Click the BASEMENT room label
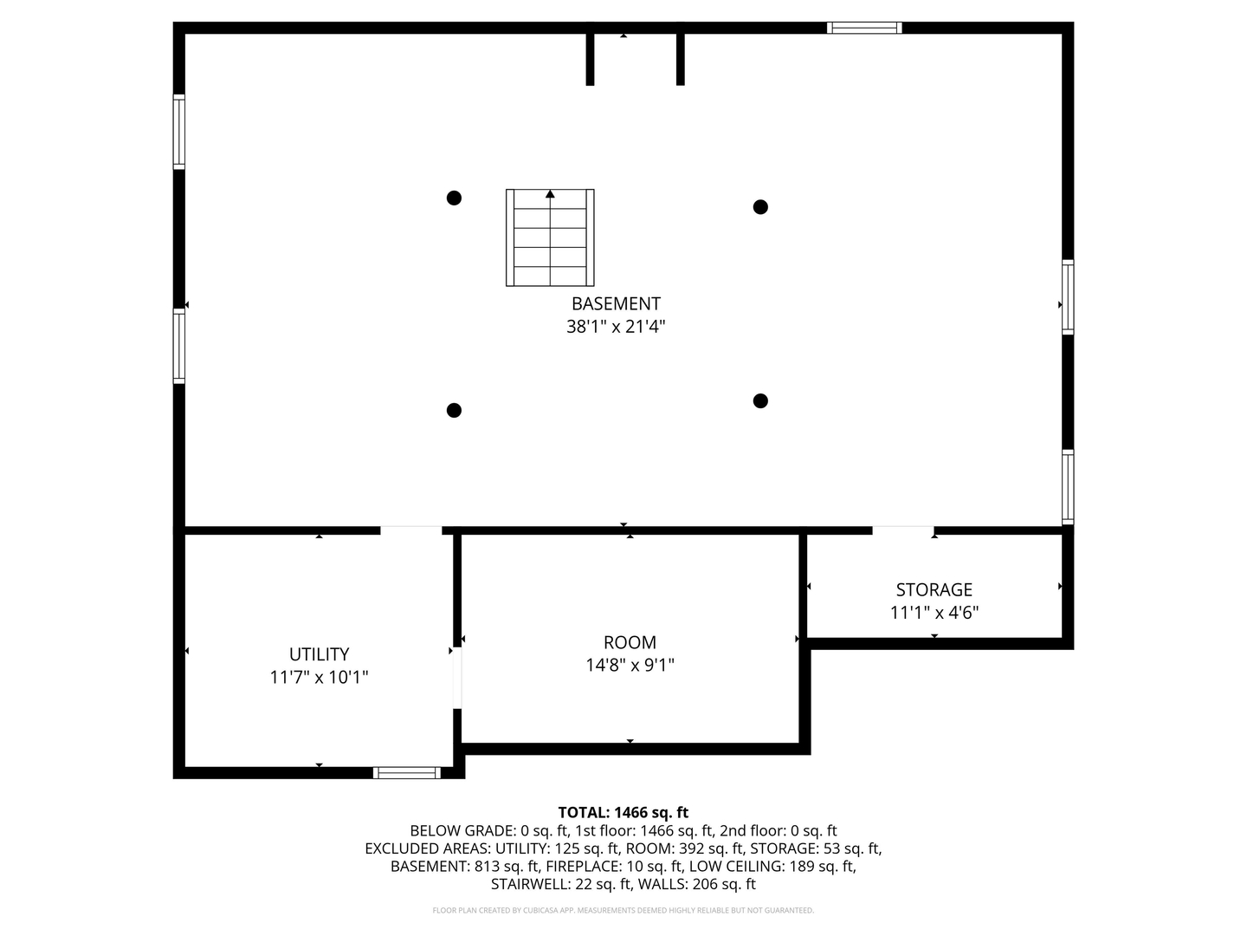[615, 303]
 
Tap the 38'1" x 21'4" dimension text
[615, 327]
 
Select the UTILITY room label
[319, 654]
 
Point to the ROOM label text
[630, 642]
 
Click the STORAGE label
[934, 590]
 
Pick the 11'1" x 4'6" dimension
[934, 613]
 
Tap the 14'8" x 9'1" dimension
[630, 665]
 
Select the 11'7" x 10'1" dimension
[319, 678]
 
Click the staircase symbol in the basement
[550, 237]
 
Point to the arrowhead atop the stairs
[550, 194]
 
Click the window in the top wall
[864, 28]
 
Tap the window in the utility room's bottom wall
[407, 773]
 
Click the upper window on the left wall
[179, 132]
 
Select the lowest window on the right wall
[1068, 486]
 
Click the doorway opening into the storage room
[903, 530]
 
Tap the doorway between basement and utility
[410, 530]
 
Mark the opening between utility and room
[457, 678]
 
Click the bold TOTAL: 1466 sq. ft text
[623, 813]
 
